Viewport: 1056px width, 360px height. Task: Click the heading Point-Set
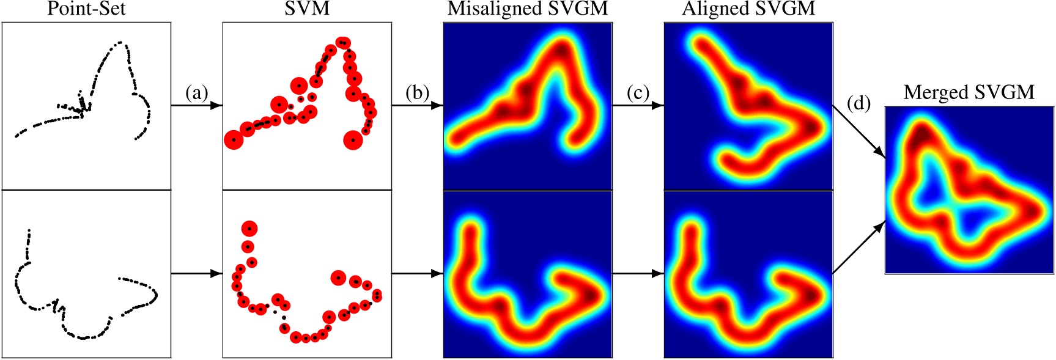pos(86,9)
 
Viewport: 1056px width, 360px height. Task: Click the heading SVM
pos(307,9)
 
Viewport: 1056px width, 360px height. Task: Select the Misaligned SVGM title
pos(528,9)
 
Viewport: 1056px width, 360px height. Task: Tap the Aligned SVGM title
pos(748,9)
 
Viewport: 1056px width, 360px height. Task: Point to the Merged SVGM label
pos(969,92)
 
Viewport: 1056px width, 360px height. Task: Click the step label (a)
pos(197,93)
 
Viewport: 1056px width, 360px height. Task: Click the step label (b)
pos(418,93)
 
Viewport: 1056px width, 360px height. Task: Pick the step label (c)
pos(638,93)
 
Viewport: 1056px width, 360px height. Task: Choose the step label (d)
pos(859,103)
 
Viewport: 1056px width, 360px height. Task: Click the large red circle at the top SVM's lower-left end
pos(234,140)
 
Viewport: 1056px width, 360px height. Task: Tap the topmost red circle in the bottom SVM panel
pos(249,229)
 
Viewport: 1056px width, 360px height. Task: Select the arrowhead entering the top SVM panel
pos(216,106)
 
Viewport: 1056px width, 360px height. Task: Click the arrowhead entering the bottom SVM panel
pos(216,274)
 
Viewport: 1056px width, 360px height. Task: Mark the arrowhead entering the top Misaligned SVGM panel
pos(437,106)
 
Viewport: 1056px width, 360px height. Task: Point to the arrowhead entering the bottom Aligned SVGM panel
pos(658,274)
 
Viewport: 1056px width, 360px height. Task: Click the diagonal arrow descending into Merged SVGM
pos(859,131)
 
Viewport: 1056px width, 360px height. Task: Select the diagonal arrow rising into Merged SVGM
pos(859,247)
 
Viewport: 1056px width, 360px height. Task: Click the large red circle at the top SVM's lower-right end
pos(353,140)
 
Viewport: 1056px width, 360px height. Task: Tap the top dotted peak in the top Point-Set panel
pos(121,43)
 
